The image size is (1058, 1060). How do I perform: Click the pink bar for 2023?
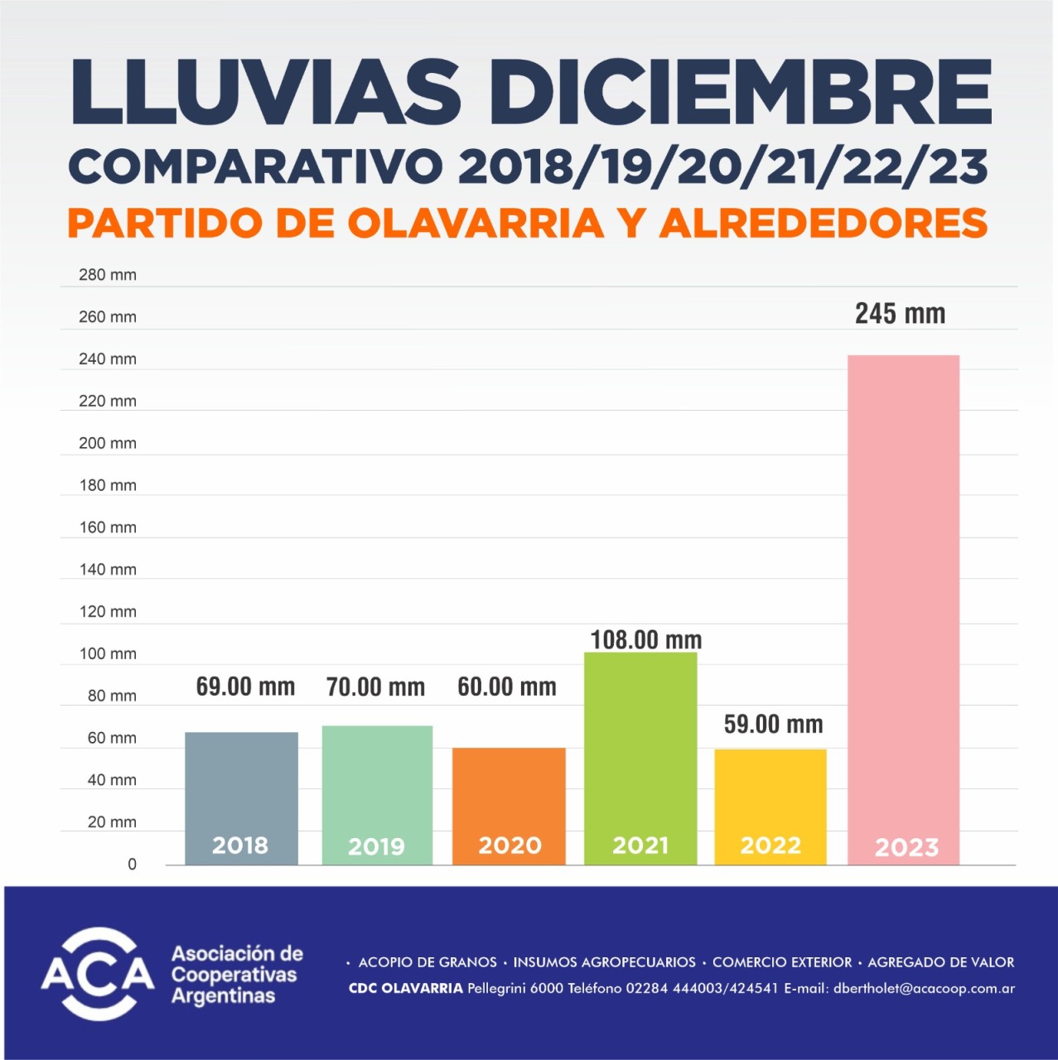point(903,609)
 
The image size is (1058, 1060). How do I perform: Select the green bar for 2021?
point(640,758)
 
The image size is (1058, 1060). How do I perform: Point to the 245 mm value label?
point(900,314)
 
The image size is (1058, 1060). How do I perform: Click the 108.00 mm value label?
point(645,640)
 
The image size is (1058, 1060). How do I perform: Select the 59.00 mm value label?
point(773,725)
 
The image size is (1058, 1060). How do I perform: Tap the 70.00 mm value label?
point(375,687)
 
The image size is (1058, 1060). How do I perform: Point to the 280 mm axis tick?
point(108,275)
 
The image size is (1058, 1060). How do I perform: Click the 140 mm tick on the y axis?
point(108,570)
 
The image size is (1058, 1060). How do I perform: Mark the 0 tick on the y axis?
point(132,865)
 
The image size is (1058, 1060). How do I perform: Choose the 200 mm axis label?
point(108,443)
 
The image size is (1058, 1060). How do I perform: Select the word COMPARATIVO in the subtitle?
point(255,166)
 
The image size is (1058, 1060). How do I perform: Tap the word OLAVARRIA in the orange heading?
point(476,223)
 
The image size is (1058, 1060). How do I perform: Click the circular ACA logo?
point(98,974)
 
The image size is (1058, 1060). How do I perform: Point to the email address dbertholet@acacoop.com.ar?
point(924,988)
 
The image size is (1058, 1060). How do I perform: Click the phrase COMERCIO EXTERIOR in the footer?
point(781,962)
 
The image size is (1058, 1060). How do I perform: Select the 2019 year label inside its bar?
point(376,846)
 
